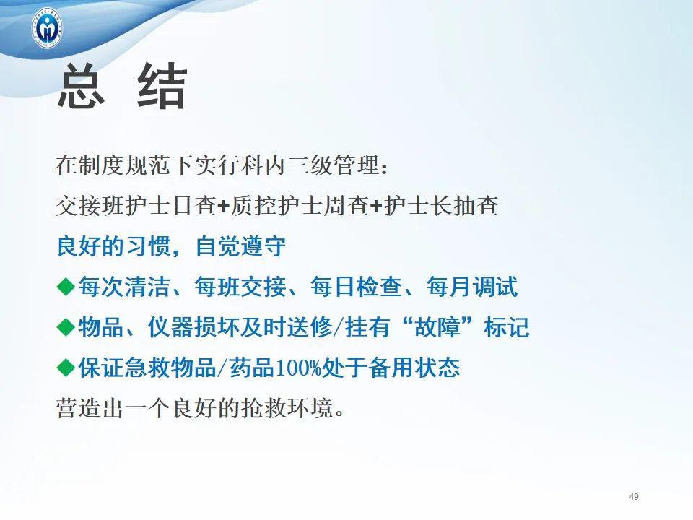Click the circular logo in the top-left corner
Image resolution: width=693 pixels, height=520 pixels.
48,27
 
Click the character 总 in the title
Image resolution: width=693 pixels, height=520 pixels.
82,88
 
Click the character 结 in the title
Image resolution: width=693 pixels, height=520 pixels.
162,88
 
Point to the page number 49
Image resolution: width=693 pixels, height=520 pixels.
634,496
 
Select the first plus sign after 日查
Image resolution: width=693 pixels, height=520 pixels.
223,207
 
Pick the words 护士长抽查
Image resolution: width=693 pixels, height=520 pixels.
440,207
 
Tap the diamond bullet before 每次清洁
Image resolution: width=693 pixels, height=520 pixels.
66,287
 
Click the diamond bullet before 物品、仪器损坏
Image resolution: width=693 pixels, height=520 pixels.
66,328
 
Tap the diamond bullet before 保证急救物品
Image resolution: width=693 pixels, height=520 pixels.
66,368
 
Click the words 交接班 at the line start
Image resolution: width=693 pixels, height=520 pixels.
85,207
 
